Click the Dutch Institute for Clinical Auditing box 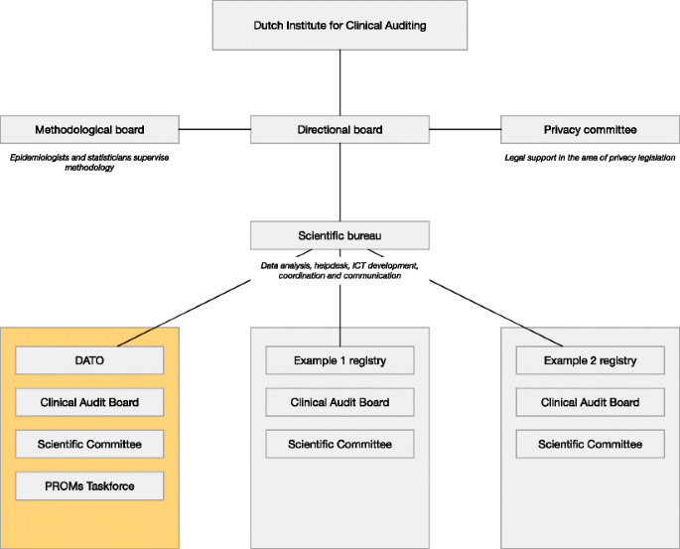pyautogui.click(x=340, y=25)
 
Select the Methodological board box pyautogui.click(x=89, y=130)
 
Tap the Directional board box pyautogui.click(x=340, y=130)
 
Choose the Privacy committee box pyautogui.click(x=591, y=130)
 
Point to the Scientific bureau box pyautogui.click(x=340, y=235)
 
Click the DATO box pyautogui.click(x=89, y=360)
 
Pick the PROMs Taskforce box pyautogui.click(x=89, y=486)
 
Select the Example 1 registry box pyautogui.click(x=340, y=360)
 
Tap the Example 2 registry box pyautogui.click(x=591, y=360)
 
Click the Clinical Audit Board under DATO pyautogui.click(x=89, y=402)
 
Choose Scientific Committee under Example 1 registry pyautogui.click(x=340, y=444)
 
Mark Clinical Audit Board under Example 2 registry pyautogui.click(x=591, y=402)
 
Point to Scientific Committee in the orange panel pyautogui.click(x=89, y=444)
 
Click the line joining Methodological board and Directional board pyautogui.click(x=214, y=129)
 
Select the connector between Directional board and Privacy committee pyautogui.click(x=465, y=129)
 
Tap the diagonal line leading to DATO pyautogui.click(x=184, y=313)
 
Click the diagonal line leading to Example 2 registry pyautogui.click(x=496, y=313)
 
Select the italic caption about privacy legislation pyautogui.click(x=590, y=158)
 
